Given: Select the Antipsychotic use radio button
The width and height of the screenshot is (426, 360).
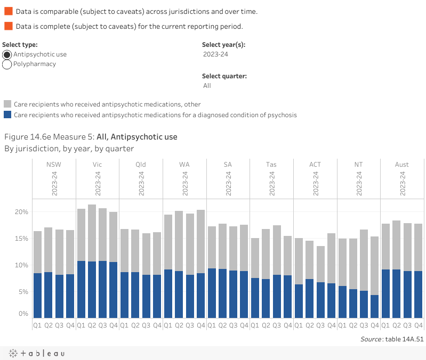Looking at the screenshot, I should click(7, 54).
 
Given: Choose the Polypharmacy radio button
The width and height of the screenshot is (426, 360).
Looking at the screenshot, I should click(7, 64).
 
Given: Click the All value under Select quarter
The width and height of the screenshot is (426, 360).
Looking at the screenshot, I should click(207, 86).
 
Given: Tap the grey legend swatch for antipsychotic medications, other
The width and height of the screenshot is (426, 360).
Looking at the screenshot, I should click(7, 104).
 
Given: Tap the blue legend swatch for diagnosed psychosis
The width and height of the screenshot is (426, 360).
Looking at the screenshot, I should click(7, 114).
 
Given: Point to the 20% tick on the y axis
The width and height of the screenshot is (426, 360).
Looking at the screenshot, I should click(21, 212).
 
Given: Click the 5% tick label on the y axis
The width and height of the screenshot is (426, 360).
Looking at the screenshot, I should click(23, 292).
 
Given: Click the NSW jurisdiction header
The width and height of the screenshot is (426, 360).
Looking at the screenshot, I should click(54, 165).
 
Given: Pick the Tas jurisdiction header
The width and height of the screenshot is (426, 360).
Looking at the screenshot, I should click(271, 165).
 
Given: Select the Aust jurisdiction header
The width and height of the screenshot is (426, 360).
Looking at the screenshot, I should click(402, 165).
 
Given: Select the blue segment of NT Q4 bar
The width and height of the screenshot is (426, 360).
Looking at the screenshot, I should click(375, 306).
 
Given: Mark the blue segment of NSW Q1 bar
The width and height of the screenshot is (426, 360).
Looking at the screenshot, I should click(37, 296).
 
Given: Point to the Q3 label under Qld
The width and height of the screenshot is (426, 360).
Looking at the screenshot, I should click(146, 325).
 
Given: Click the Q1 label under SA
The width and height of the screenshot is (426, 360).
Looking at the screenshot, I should click(211, 325).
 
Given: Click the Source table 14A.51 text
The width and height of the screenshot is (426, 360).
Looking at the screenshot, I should click(391, 338).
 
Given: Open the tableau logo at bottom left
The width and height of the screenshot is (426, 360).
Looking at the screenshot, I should click(36, 353).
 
